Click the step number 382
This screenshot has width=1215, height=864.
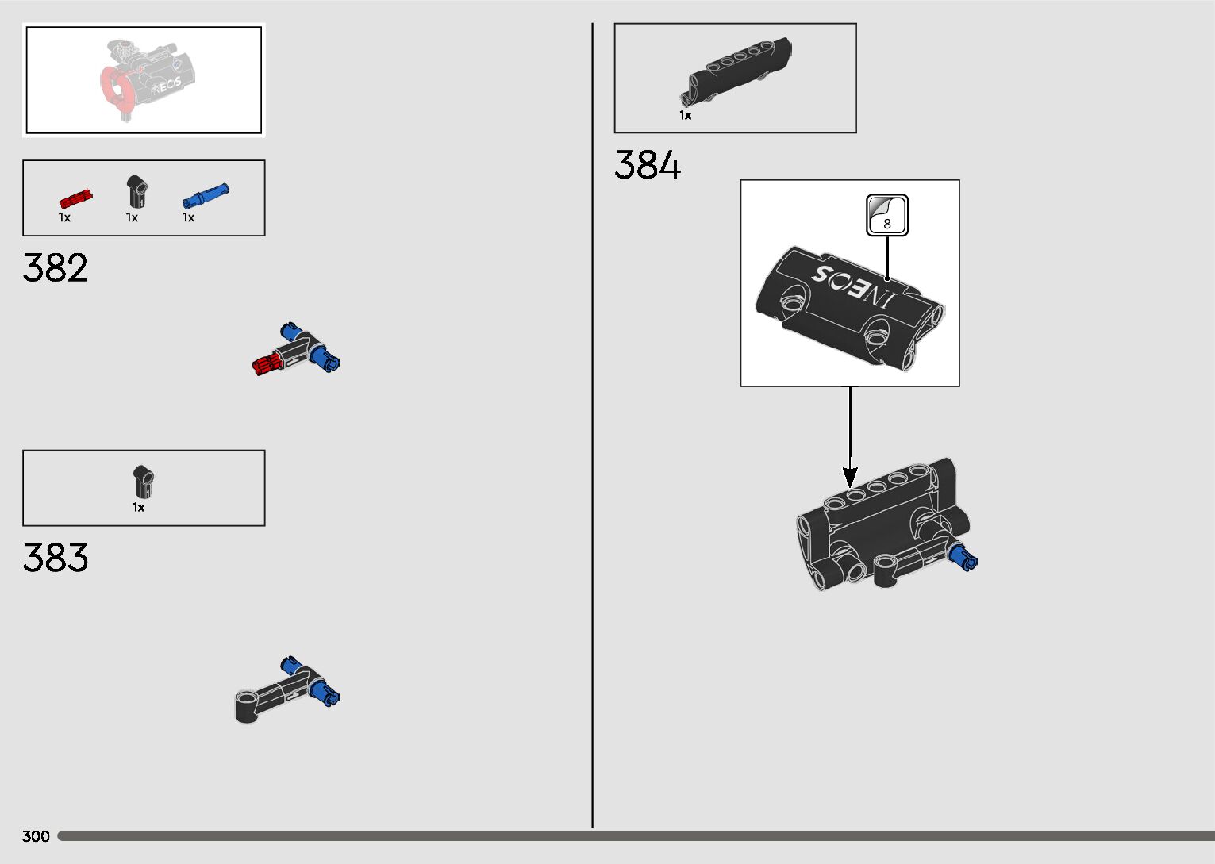click(56, 268)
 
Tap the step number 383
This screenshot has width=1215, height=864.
click(56, 558)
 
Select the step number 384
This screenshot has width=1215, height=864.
click(648, 166)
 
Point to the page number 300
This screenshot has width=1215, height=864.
click(36, 836)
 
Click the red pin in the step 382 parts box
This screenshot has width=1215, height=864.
click(75, 198)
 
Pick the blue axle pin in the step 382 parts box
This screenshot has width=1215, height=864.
click(206, 194)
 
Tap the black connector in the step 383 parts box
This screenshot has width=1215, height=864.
click(143, 482)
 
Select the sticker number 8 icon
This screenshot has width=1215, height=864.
click(887, 215)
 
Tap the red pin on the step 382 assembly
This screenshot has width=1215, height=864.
click(268, 364)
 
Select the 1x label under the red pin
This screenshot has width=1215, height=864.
click(64, 217)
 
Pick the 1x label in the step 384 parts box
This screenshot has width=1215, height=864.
click(685, 116)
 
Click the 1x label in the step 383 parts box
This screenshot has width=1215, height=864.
click(139, 508)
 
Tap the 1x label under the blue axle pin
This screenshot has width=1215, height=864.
click(188, 217)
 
